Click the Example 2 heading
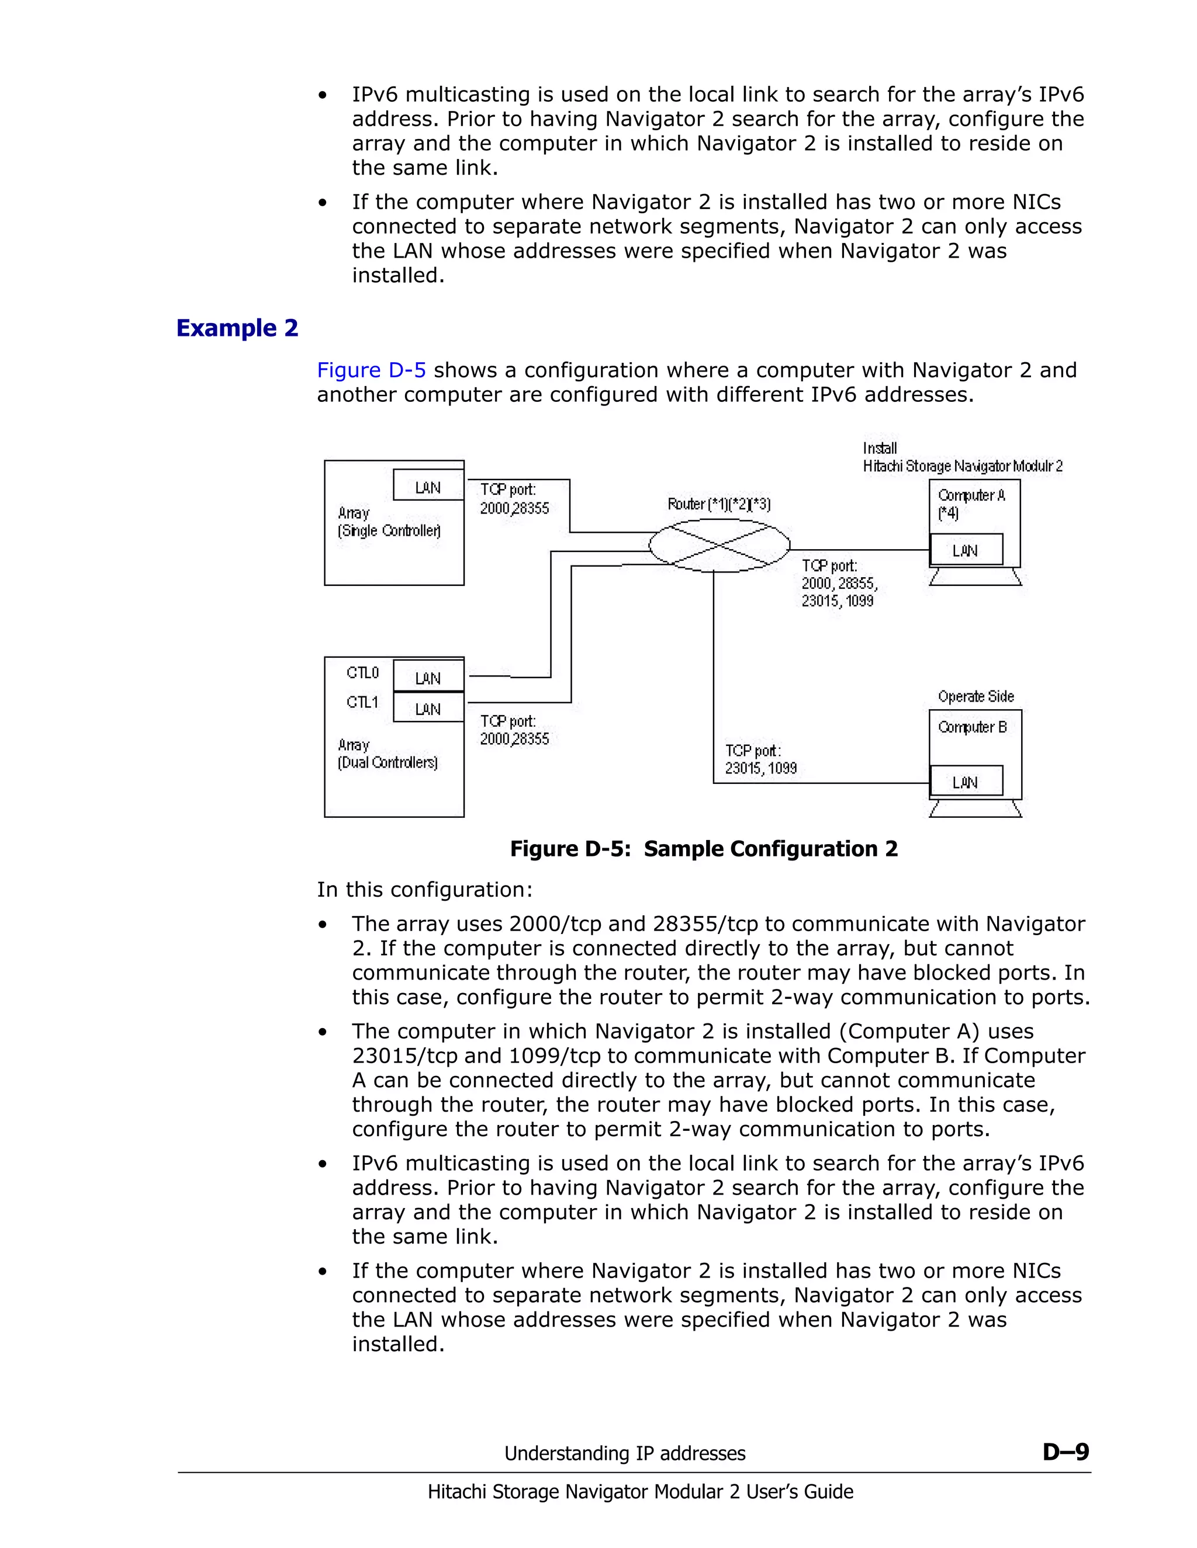(x=237, y=328)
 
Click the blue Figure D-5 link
(x=371, y=370)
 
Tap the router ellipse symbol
(x=719, y=545)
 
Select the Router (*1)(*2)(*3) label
(x=718, y=504)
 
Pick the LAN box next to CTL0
(x=428, y=677)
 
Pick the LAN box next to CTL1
(x=428, y=708)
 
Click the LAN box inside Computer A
(x=965, y=550)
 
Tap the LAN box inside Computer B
(x=965, y=782)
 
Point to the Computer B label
(x=972, y=727)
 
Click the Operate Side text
(x=975, y=696)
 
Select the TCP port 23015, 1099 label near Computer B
(x=760, y=759)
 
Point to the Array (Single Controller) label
(x=389, y=522)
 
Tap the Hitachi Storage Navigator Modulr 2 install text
(x=962, y=466)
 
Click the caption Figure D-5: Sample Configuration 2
(x=704, y=848)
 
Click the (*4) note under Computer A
(x=948, y=512)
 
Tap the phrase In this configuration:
(x=424, y=890)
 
